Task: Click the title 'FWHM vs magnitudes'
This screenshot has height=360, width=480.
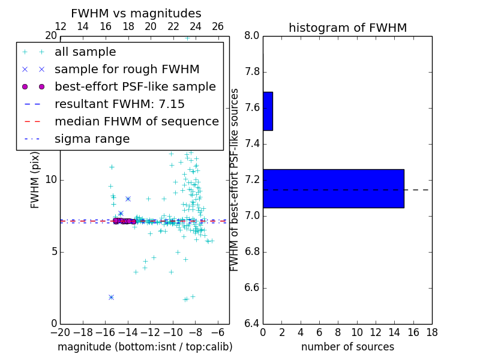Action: (x=136, y=13)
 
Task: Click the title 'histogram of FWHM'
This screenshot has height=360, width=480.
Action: (x=347, y=28)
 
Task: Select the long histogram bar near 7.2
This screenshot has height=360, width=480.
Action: (x=333, y=188)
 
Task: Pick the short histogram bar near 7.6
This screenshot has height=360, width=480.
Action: (x=268, y=111)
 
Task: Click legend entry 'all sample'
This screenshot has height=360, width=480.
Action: (x=85, y=52)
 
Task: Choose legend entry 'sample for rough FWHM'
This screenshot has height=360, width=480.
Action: (x=127, y=69)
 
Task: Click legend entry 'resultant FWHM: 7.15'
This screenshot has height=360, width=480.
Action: (x=119, y=104)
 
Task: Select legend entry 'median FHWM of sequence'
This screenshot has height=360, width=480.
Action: (x=136, y=121)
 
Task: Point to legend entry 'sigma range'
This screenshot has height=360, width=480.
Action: (x=92, y=139)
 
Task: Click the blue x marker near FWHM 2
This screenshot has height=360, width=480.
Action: (x=111, y=297)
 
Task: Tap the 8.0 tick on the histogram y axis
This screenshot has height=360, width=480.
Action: (x=252, y=35)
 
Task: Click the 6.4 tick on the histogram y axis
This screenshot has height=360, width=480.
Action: (x=252, y=323)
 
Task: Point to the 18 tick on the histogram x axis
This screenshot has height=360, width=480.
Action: (x=431, y=332)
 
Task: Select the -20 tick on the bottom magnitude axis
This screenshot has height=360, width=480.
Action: (x=60, y=332)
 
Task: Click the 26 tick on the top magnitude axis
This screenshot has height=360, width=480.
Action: (x=218, y=26)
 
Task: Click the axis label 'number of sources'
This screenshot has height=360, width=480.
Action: (x=347, y=347)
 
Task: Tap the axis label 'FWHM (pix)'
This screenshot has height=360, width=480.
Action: (x=35, y=179)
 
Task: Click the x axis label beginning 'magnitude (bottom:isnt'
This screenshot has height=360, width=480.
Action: (x=145, y=347)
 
